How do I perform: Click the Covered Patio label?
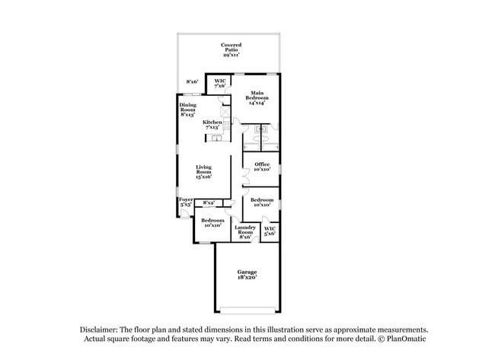[x=232, y=49]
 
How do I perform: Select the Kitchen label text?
[x=212, y=125]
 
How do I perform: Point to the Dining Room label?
[x=187, y=109]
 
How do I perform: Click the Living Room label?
[x=204, y=171]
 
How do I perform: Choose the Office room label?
[x=262, y=167]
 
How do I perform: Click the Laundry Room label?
[x=245, y=231]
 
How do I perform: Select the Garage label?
[x=246, y=274]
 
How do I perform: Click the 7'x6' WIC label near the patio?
[x=220, y=83]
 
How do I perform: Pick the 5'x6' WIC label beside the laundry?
[x=270, y=231]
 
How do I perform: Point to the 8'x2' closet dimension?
[x=209, y=202]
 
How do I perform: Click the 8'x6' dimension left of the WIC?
[x=192, y=81]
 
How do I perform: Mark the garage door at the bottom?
[x=246, y=310]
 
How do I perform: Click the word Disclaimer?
[x=104, y=329]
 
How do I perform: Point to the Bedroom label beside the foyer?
[x=212, y=222]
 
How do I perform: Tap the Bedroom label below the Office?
[x=262, y=202]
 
